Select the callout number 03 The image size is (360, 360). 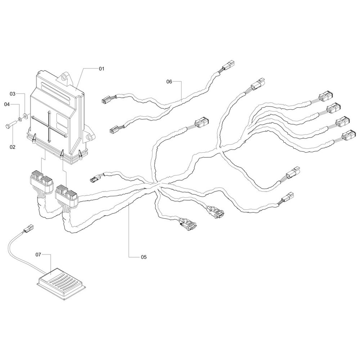[x=13, y=94]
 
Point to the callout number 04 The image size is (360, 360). [x=6, y=104]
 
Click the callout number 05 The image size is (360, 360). [x=144, y=257]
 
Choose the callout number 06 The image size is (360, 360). [x=169, y=82]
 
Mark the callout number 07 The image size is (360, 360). [x=39, y=255]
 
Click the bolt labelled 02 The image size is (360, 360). [x=10, y=125]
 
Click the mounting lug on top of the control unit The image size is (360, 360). [x=65, y=77]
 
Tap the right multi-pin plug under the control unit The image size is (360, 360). [x=66, y=191]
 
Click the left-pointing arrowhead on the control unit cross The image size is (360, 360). [x=32, y=118]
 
